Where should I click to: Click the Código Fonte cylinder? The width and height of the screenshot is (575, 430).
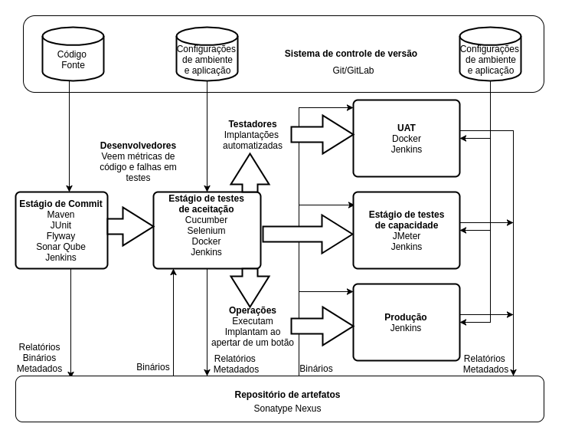73,54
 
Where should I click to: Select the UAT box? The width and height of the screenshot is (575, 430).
407,138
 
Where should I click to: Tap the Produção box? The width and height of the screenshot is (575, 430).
407,322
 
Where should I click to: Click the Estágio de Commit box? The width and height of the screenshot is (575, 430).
61,230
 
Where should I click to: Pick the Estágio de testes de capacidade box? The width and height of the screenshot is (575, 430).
407,230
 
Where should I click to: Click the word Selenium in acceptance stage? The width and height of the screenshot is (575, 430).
207,231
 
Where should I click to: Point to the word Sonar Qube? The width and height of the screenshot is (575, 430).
60,247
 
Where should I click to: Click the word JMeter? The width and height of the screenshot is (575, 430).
407,236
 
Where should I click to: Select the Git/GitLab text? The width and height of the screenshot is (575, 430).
353,71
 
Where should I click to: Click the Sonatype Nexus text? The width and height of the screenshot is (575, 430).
287,409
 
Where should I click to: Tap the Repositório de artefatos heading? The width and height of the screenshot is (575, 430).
287,395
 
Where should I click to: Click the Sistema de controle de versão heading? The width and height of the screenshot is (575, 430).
351,54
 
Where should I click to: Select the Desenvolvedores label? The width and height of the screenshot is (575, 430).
138,146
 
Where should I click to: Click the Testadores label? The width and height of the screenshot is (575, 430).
253,124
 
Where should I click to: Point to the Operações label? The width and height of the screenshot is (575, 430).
253,310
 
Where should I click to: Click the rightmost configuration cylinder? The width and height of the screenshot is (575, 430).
490,54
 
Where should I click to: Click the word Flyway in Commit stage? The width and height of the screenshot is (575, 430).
60,236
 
